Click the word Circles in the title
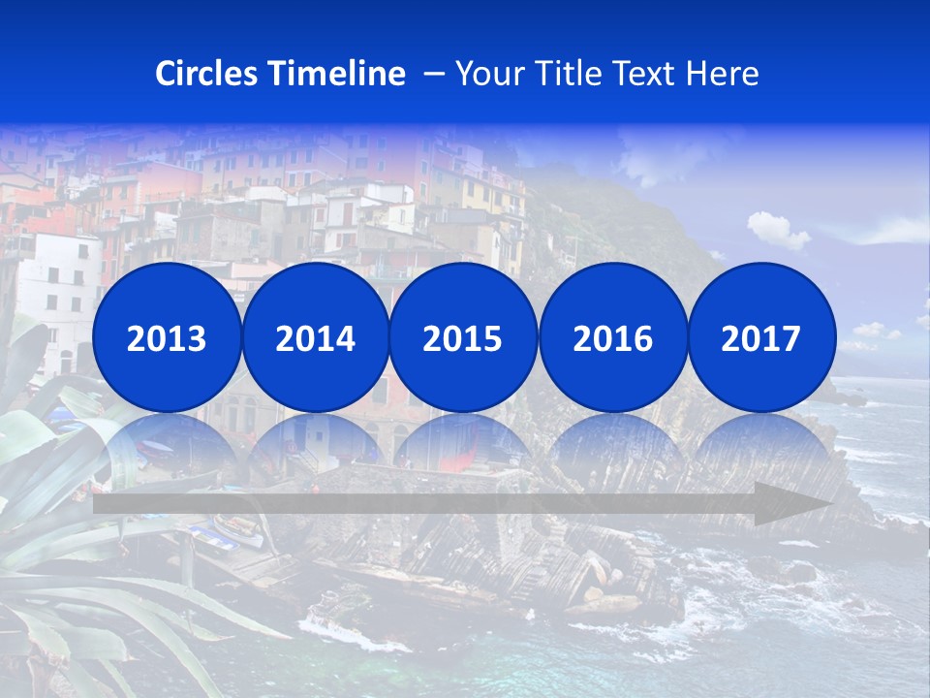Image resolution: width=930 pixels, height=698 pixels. pos(206,74)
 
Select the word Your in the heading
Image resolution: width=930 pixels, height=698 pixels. pos(486,74)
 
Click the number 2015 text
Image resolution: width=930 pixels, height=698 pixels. pos(463,339)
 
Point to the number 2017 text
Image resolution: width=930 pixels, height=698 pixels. pos(761,339)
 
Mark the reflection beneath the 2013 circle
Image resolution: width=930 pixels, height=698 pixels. pos(167,446)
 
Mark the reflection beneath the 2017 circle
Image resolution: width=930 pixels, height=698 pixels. pos(761,446)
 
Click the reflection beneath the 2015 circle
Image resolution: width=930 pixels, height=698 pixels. pos(463,446)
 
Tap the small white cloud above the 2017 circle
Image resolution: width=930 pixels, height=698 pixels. pos(777,231)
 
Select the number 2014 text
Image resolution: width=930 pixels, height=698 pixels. pos(316,339)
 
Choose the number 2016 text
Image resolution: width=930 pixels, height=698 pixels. pos(613,339)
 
